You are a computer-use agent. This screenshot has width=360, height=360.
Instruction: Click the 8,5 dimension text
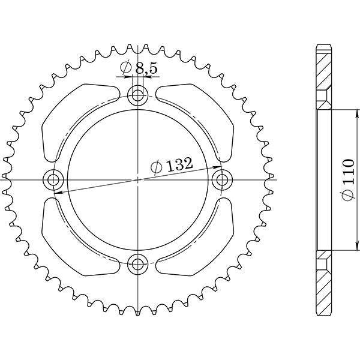point(146,70)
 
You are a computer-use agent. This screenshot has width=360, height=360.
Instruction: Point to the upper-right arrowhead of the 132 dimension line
point(218,164)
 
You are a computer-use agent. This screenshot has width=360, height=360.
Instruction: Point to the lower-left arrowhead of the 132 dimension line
point(59,193)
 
